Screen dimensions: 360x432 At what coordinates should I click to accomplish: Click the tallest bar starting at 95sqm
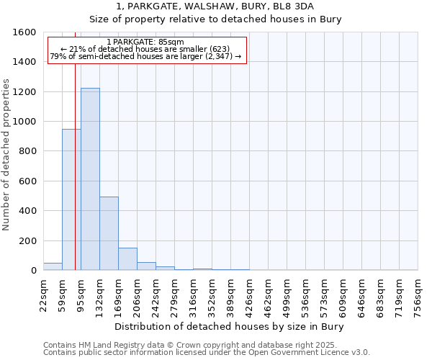(90, 179)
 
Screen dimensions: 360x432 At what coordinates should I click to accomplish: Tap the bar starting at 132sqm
(109, 233)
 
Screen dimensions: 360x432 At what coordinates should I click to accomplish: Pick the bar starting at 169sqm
(127, 259)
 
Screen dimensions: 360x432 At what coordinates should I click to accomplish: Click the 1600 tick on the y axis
(24, 32)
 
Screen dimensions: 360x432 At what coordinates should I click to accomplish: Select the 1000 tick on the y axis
(24, 122)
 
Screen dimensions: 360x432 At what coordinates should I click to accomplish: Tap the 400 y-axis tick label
(27, 211)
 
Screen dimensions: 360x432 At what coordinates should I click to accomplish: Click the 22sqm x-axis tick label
(43, 294)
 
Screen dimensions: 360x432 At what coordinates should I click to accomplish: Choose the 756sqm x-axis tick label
(418, 294)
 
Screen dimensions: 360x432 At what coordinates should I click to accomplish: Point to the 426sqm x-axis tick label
(249, 294)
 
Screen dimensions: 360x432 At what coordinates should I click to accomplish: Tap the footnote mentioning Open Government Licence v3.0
(207, 352)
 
